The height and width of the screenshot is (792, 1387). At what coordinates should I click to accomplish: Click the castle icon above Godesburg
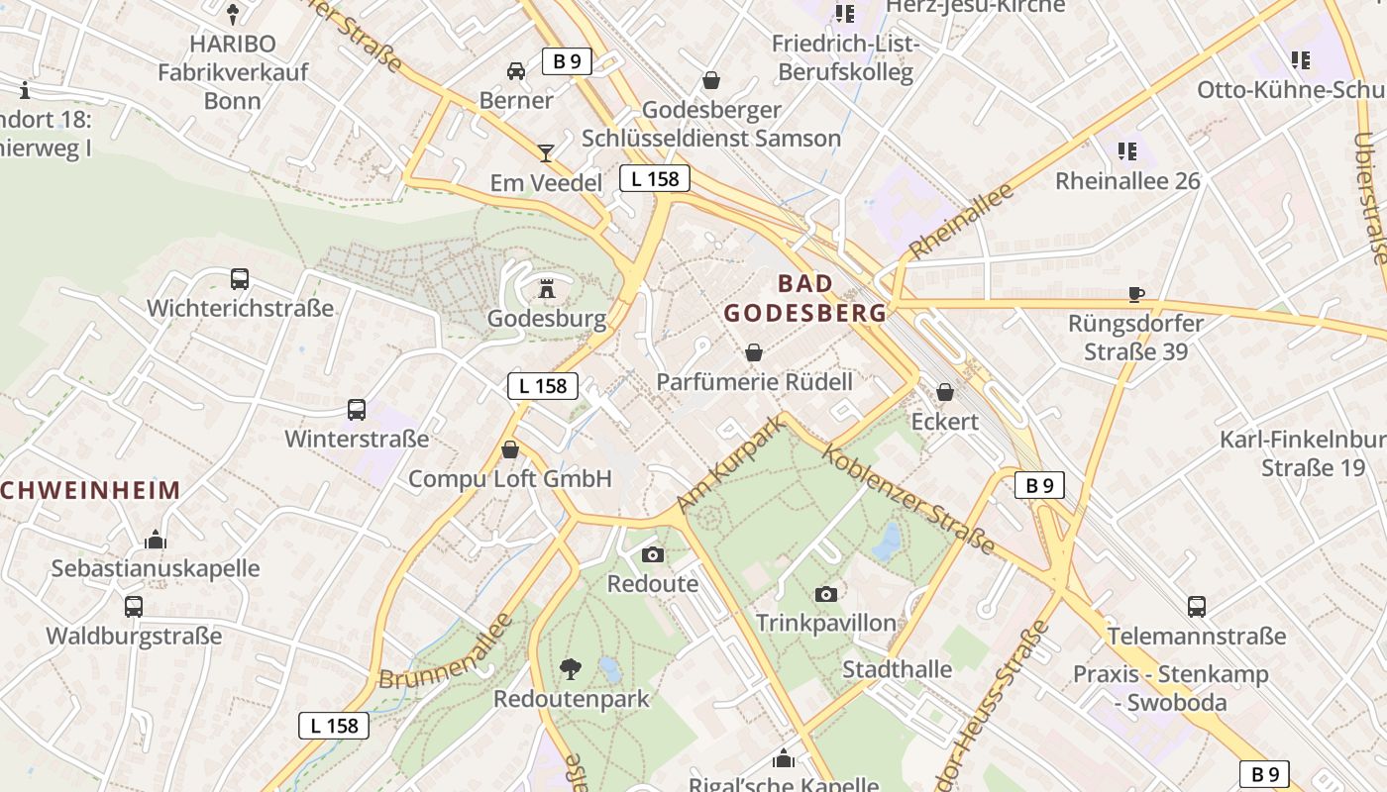[546, 290]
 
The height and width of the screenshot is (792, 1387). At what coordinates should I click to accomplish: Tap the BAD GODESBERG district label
[804, 298]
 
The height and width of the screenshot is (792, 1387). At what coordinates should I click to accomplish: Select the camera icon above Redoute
[652, 554]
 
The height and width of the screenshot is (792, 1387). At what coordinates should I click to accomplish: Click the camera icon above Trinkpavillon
[825, 594]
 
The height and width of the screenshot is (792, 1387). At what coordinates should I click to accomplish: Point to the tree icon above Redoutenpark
[570, 669]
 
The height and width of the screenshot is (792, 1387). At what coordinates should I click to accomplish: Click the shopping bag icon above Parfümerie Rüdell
[754, 352]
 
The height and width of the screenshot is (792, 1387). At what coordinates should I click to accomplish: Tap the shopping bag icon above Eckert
[945, 392]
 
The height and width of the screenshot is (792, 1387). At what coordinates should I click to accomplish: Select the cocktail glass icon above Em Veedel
[545, 153]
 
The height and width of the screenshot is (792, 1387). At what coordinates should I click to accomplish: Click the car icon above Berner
[516, 71]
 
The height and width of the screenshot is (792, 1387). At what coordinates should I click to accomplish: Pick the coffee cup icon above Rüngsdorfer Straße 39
[1136, 294]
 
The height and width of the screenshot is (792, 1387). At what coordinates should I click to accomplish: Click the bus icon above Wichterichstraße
[240, 279]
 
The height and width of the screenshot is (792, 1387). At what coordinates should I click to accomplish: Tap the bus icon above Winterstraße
[357, 410]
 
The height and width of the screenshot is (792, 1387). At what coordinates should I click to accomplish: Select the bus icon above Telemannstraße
[1197, 607]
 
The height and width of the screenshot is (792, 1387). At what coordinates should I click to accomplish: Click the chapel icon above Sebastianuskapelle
[155, 540]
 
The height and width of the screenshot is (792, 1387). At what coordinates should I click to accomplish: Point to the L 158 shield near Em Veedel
[655, 178]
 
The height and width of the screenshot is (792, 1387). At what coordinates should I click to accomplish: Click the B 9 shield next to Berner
[567, 61]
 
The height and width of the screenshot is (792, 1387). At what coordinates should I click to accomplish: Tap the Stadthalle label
[897, 669]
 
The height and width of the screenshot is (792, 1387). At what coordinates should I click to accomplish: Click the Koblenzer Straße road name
[908, 500]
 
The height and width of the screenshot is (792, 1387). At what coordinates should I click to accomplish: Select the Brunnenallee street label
[447, 651]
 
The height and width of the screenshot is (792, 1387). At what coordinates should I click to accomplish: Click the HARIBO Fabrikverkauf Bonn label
[233, 72]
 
